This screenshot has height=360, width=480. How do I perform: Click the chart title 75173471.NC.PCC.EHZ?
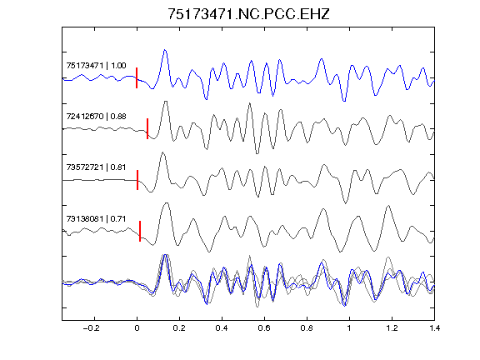point(248,14)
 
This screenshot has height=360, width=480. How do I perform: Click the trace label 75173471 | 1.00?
point(96,66)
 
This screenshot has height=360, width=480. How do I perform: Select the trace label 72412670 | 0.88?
point(96,117)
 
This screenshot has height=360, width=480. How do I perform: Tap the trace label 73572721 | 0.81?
point(96,167)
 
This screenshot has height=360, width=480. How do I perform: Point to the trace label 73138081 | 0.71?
point(96,219)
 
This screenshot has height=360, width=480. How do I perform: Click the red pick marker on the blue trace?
point(137,77)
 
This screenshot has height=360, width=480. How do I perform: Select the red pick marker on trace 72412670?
point(147,128)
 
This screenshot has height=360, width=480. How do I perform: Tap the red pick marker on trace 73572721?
point(137,180)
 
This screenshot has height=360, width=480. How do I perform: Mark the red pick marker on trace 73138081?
point(140,231)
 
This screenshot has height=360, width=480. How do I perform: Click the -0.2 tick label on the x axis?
point(92,328)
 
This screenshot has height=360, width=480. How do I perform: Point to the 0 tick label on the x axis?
point(137,328)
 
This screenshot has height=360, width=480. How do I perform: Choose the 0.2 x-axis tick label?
point(179,328)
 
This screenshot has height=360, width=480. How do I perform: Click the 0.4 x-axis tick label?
point(222,328)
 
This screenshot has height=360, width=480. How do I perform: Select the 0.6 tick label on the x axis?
point(264,328)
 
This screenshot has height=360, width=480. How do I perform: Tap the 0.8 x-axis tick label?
point(307,328)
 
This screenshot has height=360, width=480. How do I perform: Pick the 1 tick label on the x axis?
point(349,328)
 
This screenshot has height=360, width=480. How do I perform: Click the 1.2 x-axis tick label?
point(392,328)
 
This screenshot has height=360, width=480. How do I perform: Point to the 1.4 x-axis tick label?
point(434,328)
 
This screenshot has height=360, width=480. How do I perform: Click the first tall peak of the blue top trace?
point(165,50)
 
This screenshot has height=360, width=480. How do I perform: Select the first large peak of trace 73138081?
point(167,203)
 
